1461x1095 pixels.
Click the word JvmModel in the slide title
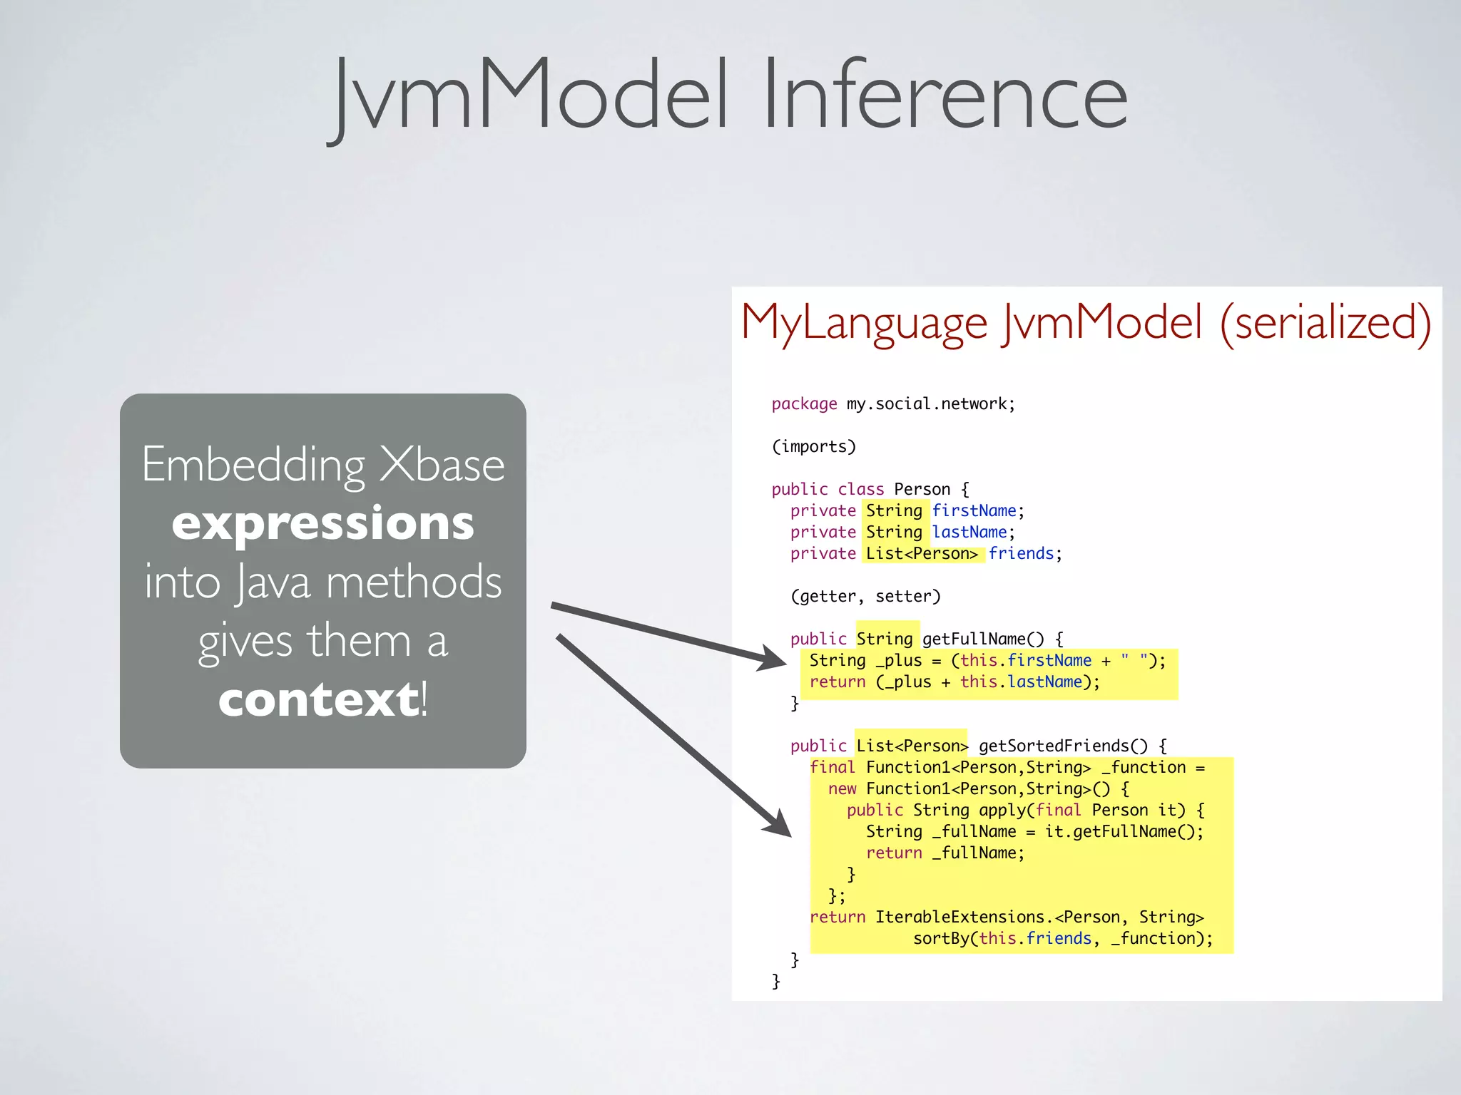[x=531, y=96]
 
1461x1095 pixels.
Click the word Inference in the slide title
[x=945, y=96]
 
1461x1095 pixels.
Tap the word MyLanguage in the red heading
[x=864, y=323]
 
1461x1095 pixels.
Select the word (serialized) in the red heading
[x=1325, y=323]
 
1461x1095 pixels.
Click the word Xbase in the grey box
[x=442, y=465]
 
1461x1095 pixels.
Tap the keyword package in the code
[x=804, y=404]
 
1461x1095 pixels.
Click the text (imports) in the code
[x=813, y=447]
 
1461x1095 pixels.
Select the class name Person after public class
[x=922, y=490]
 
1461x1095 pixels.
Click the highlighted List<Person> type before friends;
[x=922, y=554]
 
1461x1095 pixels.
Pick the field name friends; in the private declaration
[x=1024, y=554]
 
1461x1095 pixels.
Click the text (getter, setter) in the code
[x=865, y=597]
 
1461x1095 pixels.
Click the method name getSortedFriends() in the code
[x=1063, y=746]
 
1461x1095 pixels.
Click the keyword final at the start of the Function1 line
[x=832, y=768]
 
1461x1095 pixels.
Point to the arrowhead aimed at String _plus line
[x=773, y=658]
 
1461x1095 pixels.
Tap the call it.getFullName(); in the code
[x=1124, y=832]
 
